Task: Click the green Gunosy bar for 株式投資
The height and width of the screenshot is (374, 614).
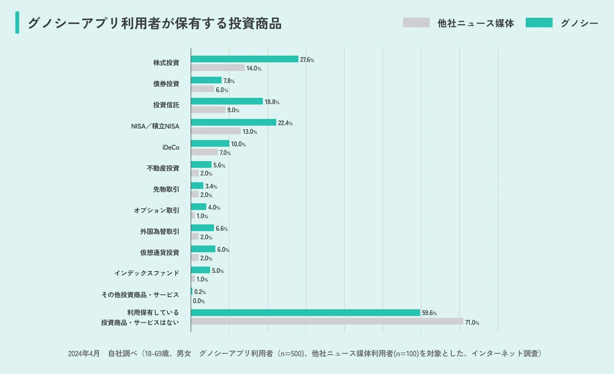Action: pyautogui.click(x=244, y=59)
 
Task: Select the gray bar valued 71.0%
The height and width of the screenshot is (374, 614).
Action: pyautogui.click(x=327, y=321)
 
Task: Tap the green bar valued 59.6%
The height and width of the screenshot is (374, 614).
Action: pyautogui.click(x=305, y=313)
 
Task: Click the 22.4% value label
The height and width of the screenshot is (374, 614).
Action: pyautogui.click(x=285, y=123)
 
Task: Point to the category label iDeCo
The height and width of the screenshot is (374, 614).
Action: pyautogui.click(x=171, y=147)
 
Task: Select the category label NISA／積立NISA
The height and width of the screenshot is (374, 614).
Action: pyautogui.click(x=155, y=126)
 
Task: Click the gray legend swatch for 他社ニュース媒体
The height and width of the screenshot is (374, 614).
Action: pyautogui.click(x=416, y=23)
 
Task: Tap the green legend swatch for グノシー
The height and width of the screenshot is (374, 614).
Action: pyautogui.click(x=539, y=23)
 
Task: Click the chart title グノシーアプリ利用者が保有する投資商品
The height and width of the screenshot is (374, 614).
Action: pyautogui.click(x=154, y=23)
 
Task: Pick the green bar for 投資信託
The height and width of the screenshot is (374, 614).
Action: pyautogui.click(x=227, y=101)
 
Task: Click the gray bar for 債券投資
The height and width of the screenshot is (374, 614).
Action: pyautogui.click(x=202, y=89)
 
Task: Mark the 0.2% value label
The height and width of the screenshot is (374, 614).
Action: pyautogui.click(x=200, y=292)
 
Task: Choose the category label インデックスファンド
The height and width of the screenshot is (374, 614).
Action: pyautogui.click(x=147, y=273)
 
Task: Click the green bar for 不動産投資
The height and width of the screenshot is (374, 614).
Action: pyautogui.click(x=201, y=165)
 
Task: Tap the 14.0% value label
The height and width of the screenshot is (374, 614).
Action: pyautogui.click(x=253, y=68)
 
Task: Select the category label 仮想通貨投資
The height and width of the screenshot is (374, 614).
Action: pyautogui.click(x=160, y=252)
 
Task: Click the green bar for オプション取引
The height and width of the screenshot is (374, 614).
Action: pyautogui.click(x=198, y=207)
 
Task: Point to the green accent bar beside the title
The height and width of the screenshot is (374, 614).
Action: pyautogui.click(x=17, y=23)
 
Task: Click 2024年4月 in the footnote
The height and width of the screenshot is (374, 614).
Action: pyautogui.click(x=84, y=354)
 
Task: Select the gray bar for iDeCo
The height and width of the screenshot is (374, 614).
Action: pyautogui.click(x=204, y=152)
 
